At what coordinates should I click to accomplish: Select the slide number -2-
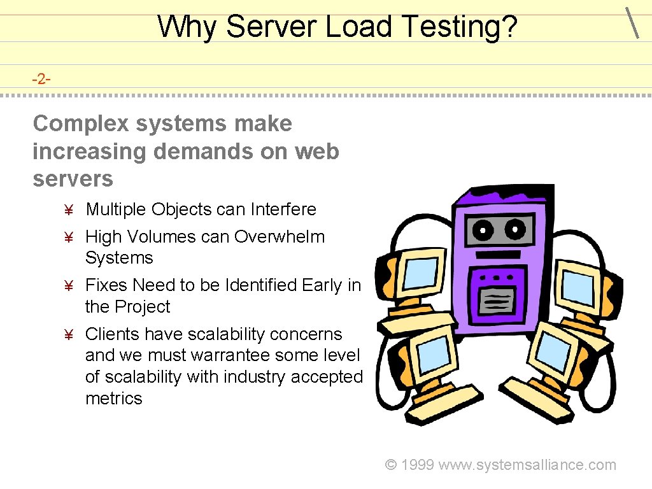coord(42,79)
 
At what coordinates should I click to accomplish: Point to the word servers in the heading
coord(73,179)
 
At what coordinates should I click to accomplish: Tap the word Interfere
coord(283,209)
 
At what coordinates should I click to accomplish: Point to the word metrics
coord(113,399)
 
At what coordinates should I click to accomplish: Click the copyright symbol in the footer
coord(392,465)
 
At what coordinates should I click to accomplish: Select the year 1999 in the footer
coord(418,465)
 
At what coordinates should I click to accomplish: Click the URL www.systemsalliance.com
coord(528,465)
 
